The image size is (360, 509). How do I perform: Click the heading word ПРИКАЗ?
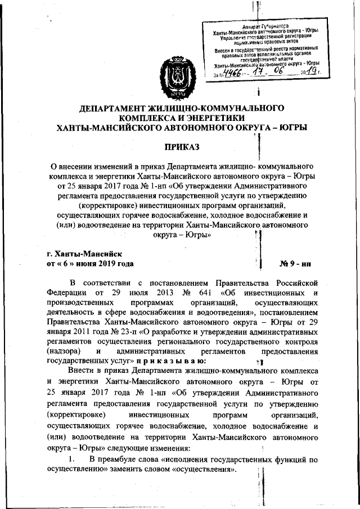pyautogui.click(x=181, y=147)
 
